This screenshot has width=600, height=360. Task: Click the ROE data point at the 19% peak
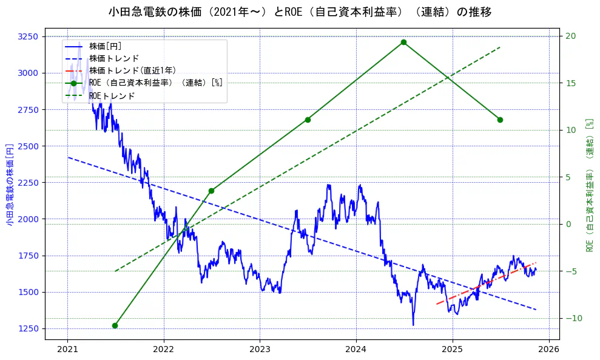tap(403, 42)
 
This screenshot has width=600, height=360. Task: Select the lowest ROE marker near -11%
tap(115, 325)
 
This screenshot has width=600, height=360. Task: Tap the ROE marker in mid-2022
tap(211, 191)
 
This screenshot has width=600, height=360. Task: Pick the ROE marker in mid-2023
tap(308, 120)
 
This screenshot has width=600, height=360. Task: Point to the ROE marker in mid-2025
tap(500, 120)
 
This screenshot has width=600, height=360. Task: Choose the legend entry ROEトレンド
tap(112, 96)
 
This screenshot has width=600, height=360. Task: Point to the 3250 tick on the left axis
tap(28, 36)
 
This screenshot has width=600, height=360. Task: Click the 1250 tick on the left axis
tap(28, 328)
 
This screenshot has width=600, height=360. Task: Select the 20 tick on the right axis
tap(570, 36)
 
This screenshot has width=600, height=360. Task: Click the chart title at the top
tap(300, 12)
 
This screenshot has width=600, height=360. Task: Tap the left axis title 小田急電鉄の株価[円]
tap(10, 185)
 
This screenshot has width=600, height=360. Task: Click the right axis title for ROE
tap(589, 185)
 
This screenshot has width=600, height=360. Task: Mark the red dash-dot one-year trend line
tap(485, 284)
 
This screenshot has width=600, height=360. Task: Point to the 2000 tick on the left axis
tap(28, 219)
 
